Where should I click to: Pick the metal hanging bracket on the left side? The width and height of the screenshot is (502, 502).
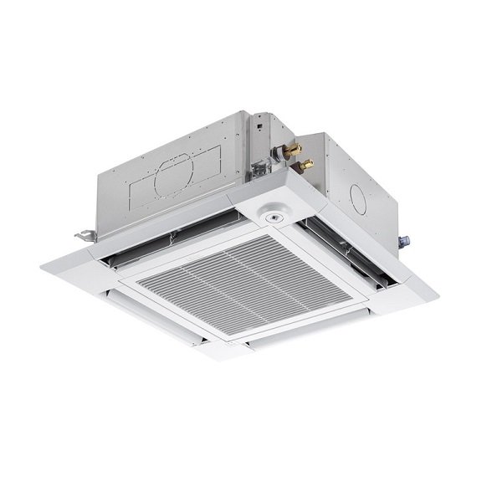(85, 236)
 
